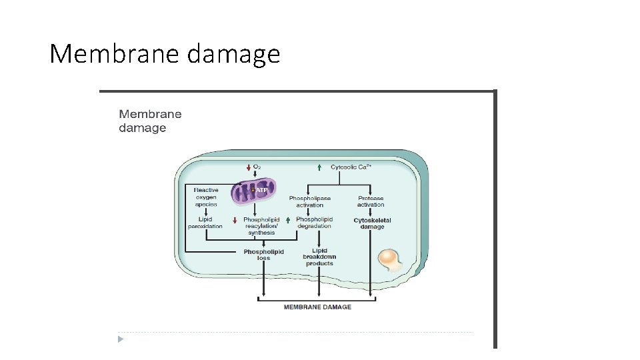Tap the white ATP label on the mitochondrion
tap(262, 190)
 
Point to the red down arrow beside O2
tap(248, 167)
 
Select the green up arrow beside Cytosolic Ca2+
tap(319, 167)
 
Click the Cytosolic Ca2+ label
tap(351, 167)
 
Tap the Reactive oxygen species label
tap(206, 197)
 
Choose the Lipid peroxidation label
tap(205, 223)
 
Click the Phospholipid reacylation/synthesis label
tap(261, 226)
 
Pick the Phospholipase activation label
tap(309, 201)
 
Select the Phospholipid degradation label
tap(314, 223)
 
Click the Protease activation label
tap(371, 201)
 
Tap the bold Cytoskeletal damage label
tap(372, 223)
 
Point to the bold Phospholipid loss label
tap(263, 254)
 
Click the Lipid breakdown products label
tap(319, 257)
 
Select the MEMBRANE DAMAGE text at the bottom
tap(317, 307)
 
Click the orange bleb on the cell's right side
tap(389, 260)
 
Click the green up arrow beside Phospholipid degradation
tap(288, 219)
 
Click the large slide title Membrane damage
tap(165, 53)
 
